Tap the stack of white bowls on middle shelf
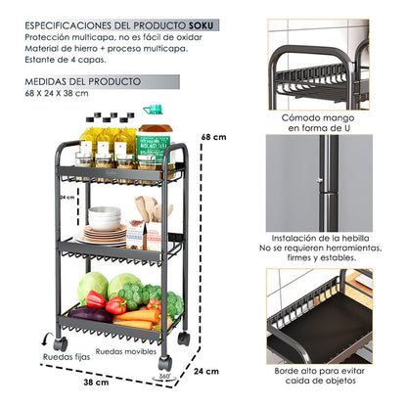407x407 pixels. [105, 216]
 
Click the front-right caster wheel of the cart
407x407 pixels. [164, 362]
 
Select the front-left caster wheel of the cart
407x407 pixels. [60, 343]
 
